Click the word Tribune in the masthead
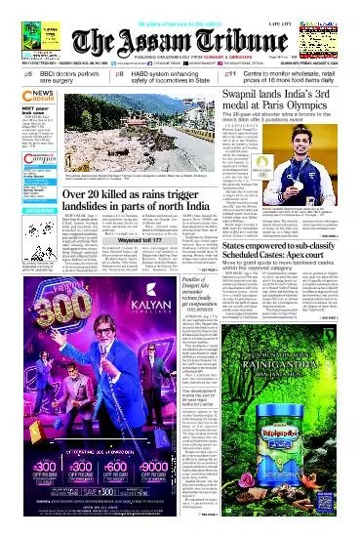[x=234, y=40]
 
